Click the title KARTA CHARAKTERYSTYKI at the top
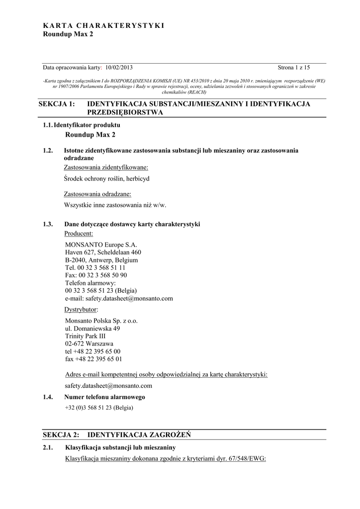coord(103,25)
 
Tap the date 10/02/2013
coord(119,68)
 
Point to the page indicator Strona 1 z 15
coord(293,68)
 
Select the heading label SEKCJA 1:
coord(59,104)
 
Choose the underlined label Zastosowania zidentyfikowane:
coord(106,168)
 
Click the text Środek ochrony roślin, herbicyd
coord(107,178)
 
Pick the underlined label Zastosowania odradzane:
coord(97,194)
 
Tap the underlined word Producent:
coord(79,233)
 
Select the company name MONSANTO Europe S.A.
coord(101,245)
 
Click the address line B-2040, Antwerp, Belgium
coord(101,260)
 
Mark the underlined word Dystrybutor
coord(81,309)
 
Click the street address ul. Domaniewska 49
coord(92,329)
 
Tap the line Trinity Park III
coord(86,336)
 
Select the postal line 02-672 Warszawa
coord(89,343)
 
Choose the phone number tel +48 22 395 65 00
coord(92,351)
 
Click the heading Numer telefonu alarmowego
coord(104,397)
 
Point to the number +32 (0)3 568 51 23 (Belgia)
coord(99,408)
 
